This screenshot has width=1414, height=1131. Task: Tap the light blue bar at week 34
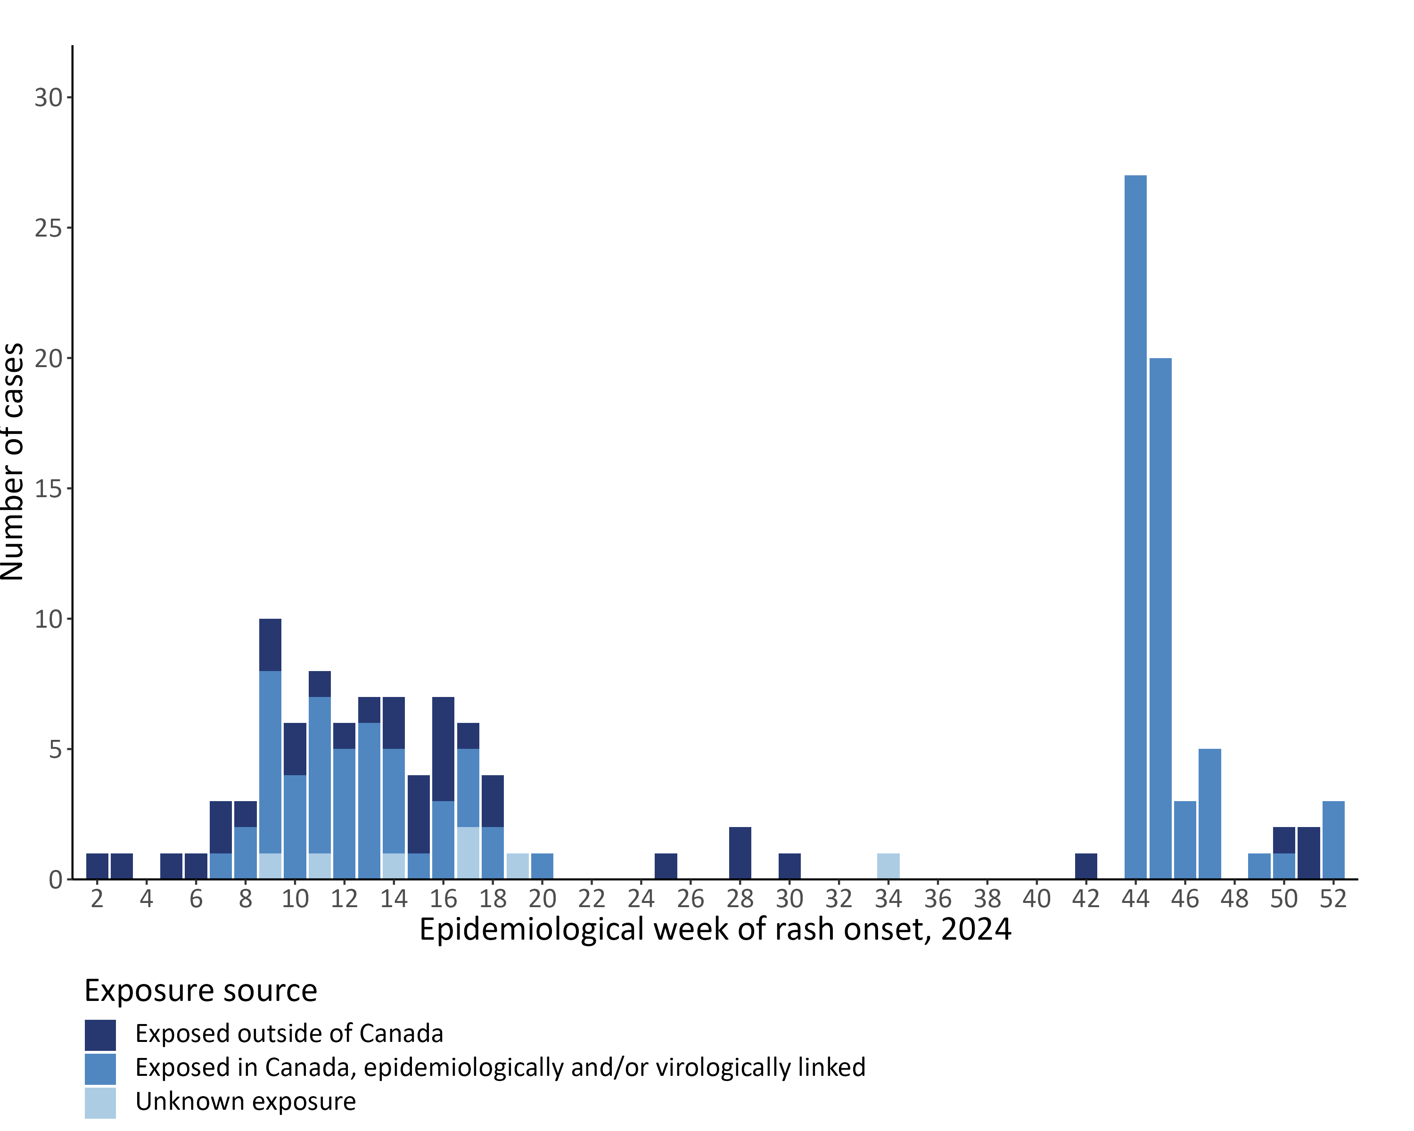pos(888,866)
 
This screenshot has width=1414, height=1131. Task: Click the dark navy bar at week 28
pos(740,852)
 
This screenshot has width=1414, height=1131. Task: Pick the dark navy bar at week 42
pos(1086,866)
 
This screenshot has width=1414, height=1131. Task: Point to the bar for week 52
pos(1333,839)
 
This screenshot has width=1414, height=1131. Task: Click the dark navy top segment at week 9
pos(270,645)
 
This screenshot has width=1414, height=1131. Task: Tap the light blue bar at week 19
pos(518,866)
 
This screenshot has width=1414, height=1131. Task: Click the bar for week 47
pos(1209,813)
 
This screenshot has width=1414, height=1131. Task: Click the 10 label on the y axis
pos(49,619)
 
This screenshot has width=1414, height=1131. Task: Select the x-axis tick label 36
pos(938,898)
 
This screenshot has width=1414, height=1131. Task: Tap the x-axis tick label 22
pos(592,898)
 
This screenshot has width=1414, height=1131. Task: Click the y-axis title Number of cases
pos(13,461)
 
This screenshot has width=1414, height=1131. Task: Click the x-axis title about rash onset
pos(715,930)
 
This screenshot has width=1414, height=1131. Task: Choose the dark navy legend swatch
pos(100,1034)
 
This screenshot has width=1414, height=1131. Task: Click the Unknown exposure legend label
pos(245,1101)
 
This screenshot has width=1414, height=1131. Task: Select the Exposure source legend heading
pos(201,990)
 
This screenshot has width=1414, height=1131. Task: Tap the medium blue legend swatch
pos(100,1069)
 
